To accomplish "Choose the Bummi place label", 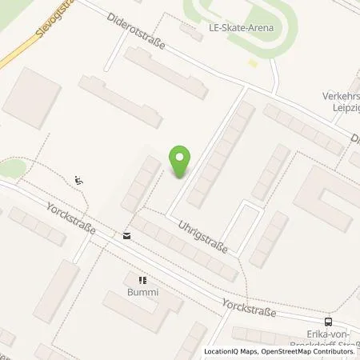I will [x=143, y=293].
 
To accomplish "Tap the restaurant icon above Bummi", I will [x=143, y=281].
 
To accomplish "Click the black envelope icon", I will [x=126, y=235].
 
